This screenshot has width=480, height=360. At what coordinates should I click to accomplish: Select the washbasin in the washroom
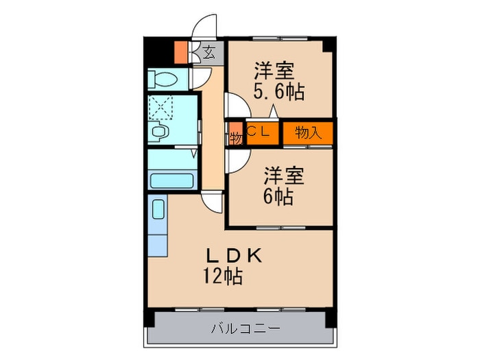[160, 131]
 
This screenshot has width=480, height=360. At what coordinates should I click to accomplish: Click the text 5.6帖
[278, 91]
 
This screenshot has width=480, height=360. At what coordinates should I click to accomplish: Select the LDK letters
[235, 256]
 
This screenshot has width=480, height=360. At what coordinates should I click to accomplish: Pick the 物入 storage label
[308, 133]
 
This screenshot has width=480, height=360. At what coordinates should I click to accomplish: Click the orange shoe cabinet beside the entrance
[181, 52]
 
